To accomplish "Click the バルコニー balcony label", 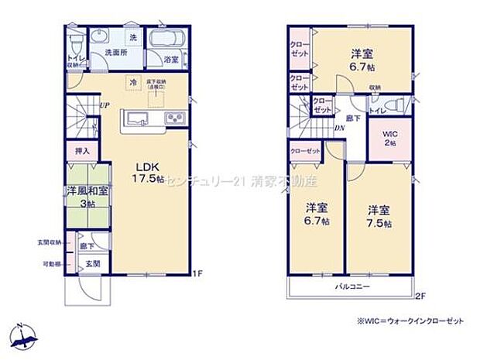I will tap(351, 286).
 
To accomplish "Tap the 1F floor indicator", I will tap(198, 273).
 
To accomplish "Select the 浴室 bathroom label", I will tap(170, 59).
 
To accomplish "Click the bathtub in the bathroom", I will tap(164, 40).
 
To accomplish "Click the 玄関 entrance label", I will tap(92, 264).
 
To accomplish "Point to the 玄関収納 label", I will tap(50, 243).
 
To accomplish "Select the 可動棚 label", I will tap(53, 264).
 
